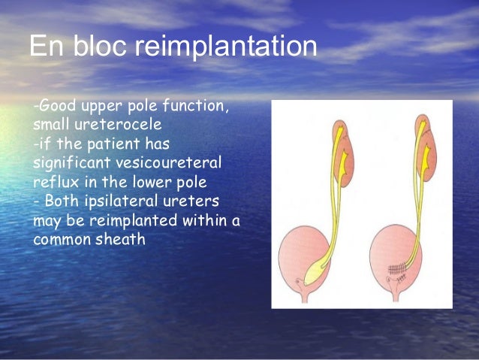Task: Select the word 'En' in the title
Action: click(x=46, y=47)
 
